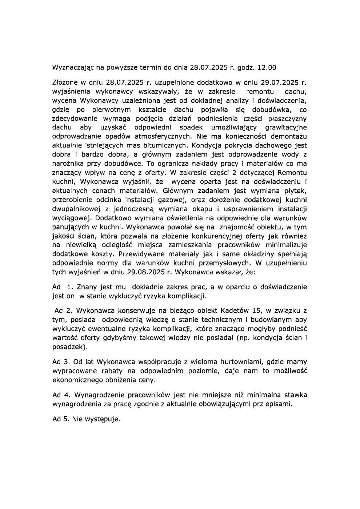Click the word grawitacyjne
point(286,127)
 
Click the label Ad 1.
point(61,287)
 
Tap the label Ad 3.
point(61,362)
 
